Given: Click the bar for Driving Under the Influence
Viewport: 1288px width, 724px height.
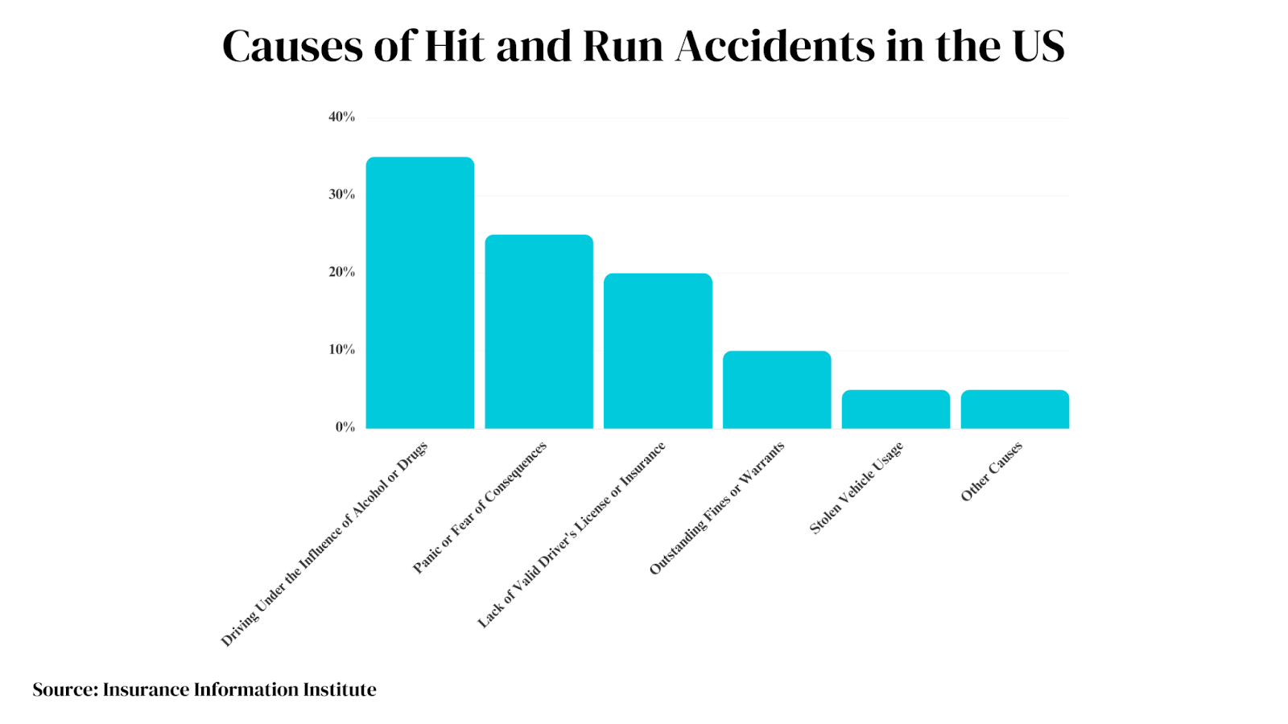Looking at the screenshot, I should [x=419, y=293].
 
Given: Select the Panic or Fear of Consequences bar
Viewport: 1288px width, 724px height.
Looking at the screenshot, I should [x=539, y=331].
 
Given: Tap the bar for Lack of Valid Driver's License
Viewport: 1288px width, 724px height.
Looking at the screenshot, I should [x=658, y=351].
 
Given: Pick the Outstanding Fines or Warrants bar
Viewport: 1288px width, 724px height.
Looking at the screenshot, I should [x=777, y=389].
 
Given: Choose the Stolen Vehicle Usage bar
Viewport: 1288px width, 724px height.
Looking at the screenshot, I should [x=896, y=409].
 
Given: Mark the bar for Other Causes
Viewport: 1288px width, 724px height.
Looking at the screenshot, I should [x=1015, y=409].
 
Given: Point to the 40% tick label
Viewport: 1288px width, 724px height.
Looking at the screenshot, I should [x=341, y=117].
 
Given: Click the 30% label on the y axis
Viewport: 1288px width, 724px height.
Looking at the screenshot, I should [x=341, y=195].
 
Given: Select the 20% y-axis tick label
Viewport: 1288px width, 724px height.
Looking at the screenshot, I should [x=341, y=273].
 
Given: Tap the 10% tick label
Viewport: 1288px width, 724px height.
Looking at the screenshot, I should [x=341, y=350].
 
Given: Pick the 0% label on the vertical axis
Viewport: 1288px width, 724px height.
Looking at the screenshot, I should [x=345, y=427].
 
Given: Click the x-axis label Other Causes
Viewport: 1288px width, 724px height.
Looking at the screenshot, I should [x=992, y=471].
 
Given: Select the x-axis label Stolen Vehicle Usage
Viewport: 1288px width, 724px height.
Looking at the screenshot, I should [x=857, y=487].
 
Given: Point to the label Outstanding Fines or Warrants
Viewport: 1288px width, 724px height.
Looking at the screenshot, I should [x=716, y=508].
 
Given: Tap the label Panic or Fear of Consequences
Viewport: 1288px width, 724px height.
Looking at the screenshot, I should [x=480, y=508].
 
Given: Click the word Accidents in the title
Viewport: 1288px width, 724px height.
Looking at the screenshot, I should [x=776, y=47].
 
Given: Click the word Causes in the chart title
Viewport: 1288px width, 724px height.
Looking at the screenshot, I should [x=292, y=47].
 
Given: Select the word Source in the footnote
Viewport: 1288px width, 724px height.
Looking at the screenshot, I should [x=64, y=690].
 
